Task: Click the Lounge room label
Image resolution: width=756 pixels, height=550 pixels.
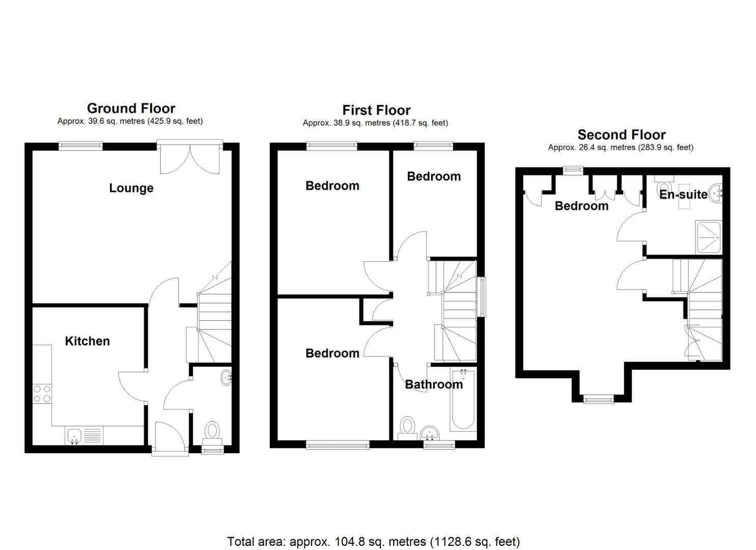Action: coord(131,188)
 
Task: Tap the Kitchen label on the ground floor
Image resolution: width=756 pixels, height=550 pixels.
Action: coord(87,341)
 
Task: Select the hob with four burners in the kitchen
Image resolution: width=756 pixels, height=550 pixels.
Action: coord(42,394)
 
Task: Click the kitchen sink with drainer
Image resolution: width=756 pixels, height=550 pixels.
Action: coord(84,436)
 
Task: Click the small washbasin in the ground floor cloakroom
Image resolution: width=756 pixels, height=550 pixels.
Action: coord(226,378)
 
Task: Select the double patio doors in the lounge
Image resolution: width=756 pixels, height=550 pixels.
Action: coord(190,159)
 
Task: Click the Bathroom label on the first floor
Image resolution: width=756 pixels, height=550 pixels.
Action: coord(434,384)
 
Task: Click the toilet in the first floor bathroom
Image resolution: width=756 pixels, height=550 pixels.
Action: coord(407,427)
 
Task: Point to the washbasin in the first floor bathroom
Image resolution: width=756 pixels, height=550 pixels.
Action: coord(431,434)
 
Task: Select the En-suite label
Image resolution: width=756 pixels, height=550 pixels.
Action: coord(683,194)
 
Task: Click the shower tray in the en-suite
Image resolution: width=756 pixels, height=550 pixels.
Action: coord(708,237)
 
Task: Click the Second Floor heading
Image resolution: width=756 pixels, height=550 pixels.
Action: coord(621,135)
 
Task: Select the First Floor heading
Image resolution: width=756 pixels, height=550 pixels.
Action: coord(376,110)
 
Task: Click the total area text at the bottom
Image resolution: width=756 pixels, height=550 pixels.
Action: coord(373,541)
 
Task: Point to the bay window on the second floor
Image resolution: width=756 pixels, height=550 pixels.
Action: coord(599,399)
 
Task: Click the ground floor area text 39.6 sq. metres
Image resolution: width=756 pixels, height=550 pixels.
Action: coord(130,121)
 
